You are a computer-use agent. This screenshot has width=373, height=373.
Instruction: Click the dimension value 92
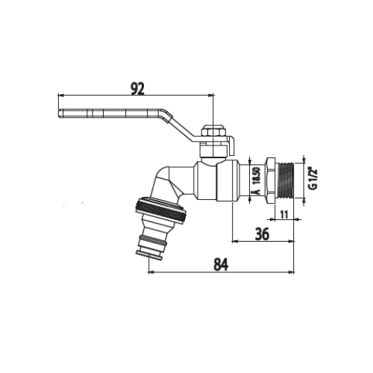137,89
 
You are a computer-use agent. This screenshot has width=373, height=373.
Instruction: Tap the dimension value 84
221,265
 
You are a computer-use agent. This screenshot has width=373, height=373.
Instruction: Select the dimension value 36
262,234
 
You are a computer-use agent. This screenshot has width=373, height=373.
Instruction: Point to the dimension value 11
284,214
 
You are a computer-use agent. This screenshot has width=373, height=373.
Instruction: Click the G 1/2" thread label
314,179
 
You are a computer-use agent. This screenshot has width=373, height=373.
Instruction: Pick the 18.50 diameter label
257,176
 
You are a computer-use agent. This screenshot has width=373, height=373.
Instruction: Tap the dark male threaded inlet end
286,181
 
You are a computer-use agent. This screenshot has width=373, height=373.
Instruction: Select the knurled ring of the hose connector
161,209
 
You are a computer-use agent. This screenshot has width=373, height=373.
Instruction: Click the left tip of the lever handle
59,113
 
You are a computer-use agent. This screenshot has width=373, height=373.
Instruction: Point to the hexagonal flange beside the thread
271,181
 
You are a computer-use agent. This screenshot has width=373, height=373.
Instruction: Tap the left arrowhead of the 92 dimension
60,95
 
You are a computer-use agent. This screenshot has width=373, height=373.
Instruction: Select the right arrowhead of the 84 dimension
292,272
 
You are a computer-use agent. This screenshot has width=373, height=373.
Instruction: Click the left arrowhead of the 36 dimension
234,241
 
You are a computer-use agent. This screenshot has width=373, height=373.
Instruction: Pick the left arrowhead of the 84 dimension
151,272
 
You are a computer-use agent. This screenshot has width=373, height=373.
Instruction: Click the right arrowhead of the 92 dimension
211,95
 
